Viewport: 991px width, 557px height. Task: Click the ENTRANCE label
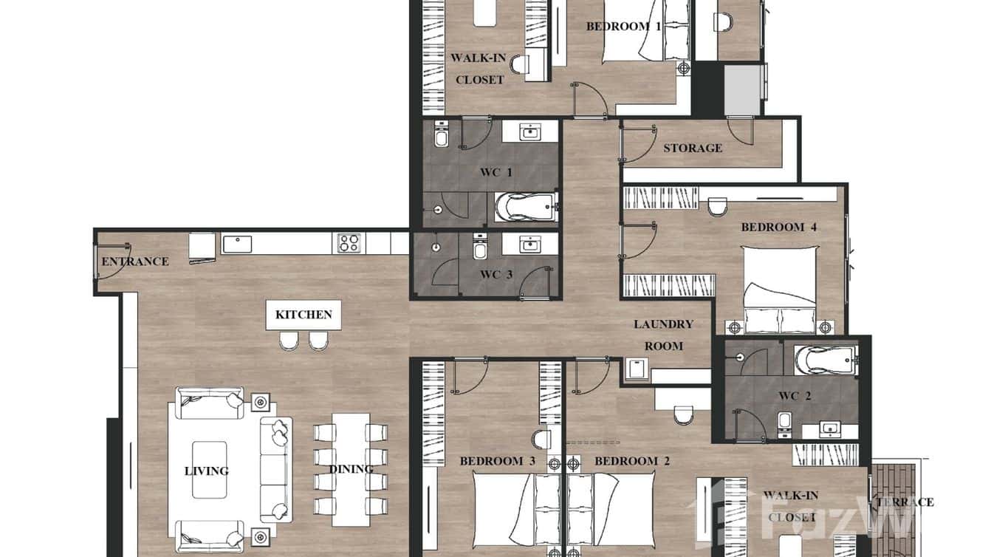click(135, 262)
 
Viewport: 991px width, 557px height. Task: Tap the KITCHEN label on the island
click(304, 315)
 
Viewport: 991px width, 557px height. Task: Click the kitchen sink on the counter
click(236, 242)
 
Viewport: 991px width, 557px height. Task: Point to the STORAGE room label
click(692, 148)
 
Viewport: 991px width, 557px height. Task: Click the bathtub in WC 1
click(525, 208)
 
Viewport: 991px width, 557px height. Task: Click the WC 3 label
click(496, 275)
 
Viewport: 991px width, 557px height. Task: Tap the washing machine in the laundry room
click(635, 369)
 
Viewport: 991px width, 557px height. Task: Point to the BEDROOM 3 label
click(497, 461)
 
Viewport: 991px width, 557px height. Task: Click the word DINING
click(351, 469)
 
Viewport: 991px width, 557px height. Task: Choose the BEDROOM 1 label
click(623, 27)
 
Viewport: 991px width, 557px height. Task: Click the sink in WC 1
click(530, 132)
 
